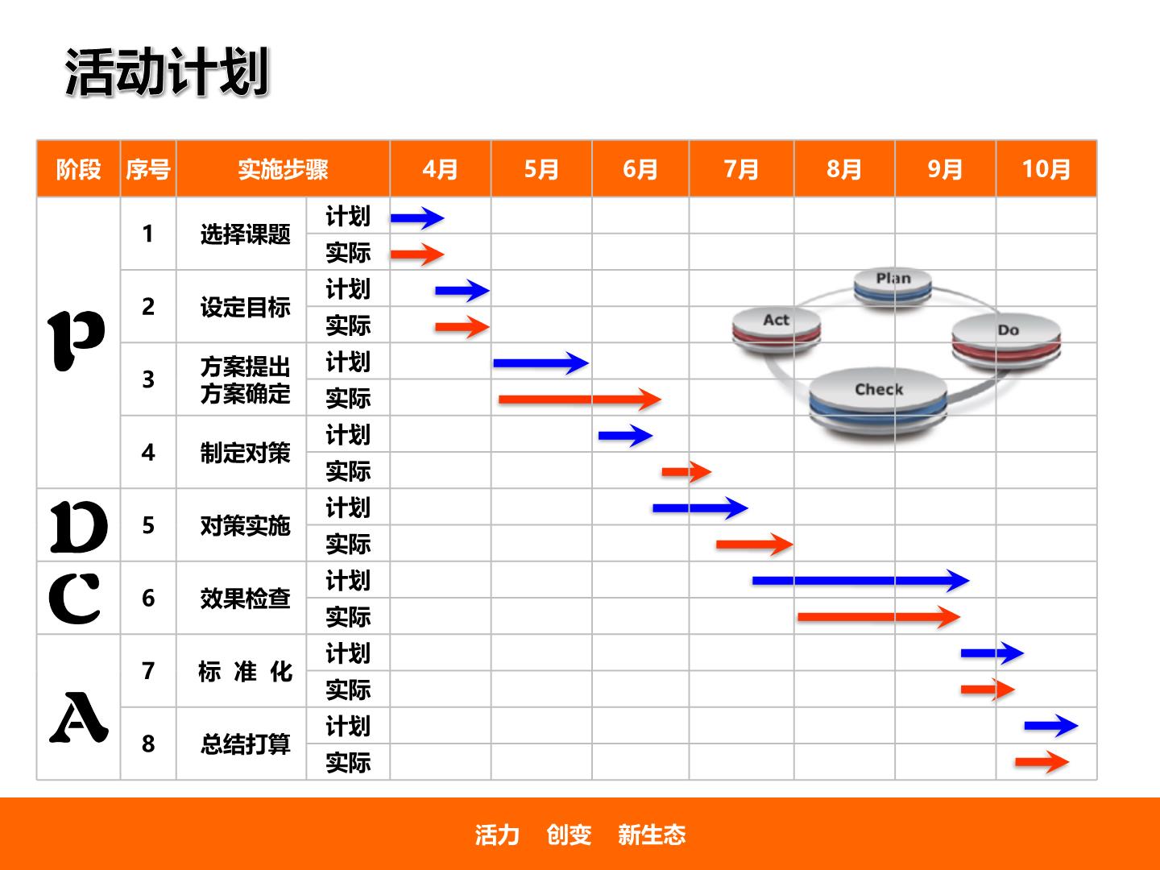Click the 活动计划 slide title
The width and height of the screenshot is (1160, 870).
click(167, 72)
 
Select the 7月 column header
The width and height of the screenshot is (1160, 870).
click(741, 169)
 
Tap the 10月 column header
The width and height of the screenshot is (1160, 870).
click(1046, 169)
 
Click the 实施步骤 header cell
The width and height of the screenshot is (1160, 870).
click(283, 169)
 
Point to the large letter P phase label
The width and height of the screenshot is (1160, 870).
click(76, 340)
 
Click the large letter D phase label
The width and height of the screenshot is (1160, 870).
click(79, 527)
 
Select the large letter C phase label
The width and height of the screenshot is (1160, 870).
click(75, 599)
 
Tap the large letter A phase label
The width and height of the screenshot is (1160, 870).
click(79, 717)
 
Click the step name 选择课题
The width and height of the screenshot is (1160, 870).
click(245, 234)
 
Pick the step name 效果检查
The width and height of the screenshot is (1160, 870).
click(245, 599)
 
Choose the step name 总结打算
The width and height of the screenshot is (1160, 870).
click(245, 744)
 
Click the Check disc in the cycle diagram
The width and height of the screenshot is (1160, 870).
click(878, 400)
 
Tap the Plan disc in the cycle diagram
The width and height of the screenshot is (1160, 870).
click(893, 286)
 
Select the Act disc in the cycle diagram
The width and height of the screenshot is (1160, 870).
click(777, 329)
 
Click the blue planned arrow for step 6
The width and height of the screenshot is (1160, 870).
click(860, 581)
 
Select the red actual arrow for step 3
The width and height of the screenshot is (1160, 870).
click(580, 399)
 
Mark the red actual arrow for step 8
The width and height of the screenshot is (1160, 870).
click(1042, 762)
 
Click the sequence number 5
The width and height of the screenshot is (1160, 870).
click(148, 525)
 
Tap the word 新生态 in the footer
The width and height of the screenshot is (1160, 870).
click(652, 835)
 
